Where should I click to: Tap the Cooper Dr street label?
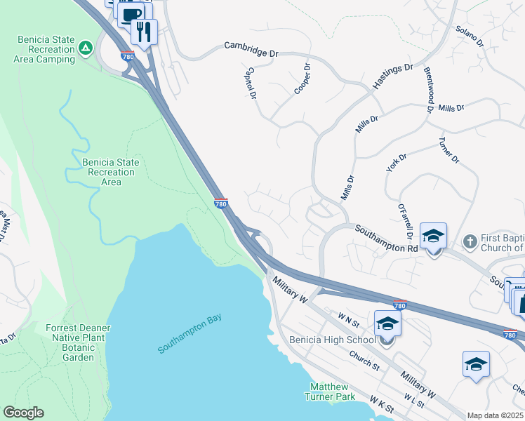(x=303, y=80)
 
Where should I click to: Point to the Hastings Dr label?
(x=393, y=76)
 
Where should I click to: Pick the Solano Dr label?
(x=470, y=37)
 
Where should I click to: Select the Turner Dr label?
(x=448, y=150)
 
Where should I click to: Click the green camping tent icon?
(x=85, y=48)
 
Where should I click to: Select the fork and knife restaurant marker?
(x=144, y=32)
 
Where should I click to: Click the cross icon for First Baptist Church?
(x=470, y=242)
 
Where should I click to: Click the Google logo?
(x=23, y=413)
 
